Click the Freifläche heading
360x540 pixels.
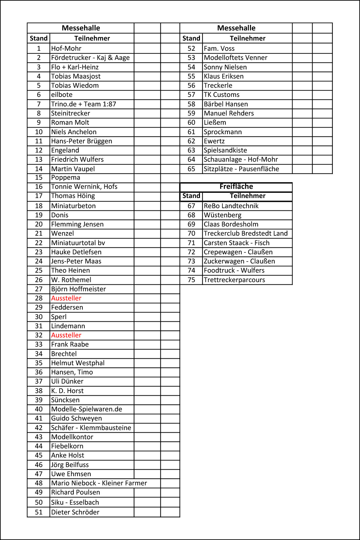tap(236, 187)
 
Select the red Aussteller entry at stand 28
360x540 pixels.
tap(66, 298)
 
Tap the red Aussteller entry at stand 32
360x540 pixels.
tap(66, 335)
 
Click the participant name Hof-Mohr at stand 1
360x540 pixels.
tap(66, 48)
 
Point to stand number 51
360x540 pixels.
tap(39, 512)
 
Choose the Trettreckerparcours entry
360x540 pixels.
tap(234, 280)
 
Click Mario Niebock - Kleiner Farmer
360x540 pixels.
tap(99, 483)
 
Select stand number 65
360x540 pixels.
tap(191, 169)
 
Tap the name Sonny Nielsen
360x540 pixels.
tap(225, 67)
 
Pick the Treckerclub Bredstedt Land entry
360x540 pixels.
tap(245, 233)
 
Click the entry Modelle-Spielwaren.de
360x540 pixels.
tap(87, 409)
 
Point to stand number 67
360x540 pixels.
tap(191, 206)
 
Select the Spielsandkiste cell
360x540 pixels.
tap(225, 150)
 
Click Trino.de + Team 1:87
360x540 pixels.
tap(83, 104)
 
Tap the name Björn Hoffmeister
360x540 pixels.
tap(79, 289)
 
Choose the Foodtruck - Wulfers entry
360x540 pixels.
tap(234, 270)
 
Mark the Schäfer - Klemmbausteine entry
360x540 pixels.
tap(91, 428)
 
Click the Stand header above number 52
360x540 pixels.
tap(191, 38)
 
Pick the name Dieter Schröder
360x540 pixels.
tap(75, 512)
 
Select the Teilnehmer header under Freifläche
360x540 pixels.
tap(247, 196)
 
